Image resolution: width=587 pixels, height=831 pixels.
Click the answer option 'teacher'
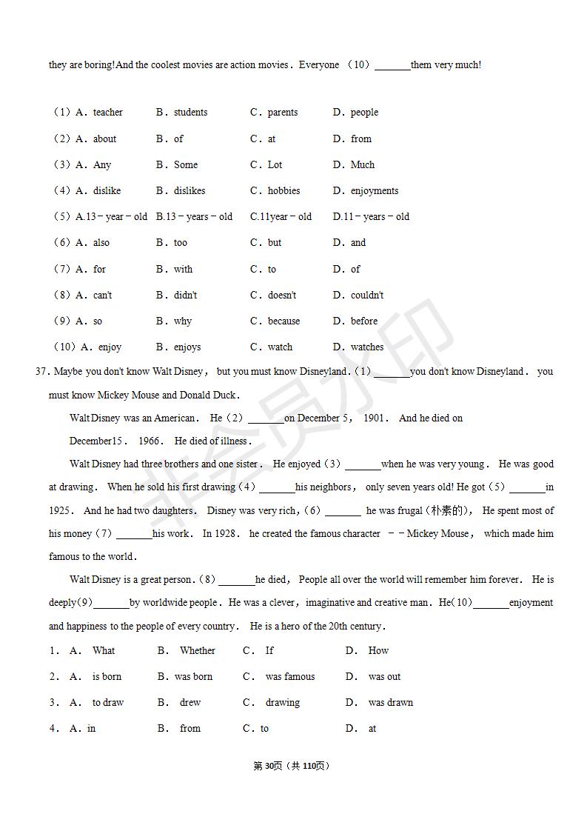pos(107,113)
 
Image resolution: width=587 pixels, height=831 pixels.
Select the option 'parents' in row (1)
pos(282,113)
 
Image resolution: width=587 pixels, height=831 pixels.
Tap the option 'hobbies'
pos(284,191)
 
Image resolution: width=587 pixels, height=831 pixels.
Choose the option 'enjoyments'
pos(374,191)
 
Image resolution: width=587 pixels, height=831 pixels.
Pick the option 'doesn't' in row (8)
pos(281,296)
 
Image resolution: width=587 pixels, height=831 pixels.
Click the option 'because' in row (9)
pos(284,321)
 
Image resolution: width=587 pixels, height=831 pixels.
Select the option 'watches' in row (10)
pos(366,347)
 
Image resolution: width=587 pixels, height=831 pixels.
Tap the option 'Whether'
pos(197,651)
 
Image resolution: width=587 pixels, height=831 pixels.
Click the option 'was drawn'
pos(390,703)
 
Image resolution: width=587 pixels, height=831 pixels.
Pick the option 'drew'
pos(190,703)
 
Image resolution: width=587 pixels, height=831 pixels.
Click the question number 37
pos(41,372)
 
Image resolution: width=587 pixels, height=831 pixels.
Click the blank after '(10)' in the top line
pos(392,66)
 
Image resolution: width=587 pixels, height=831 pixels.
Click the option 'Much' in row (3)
pos(362,165)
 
